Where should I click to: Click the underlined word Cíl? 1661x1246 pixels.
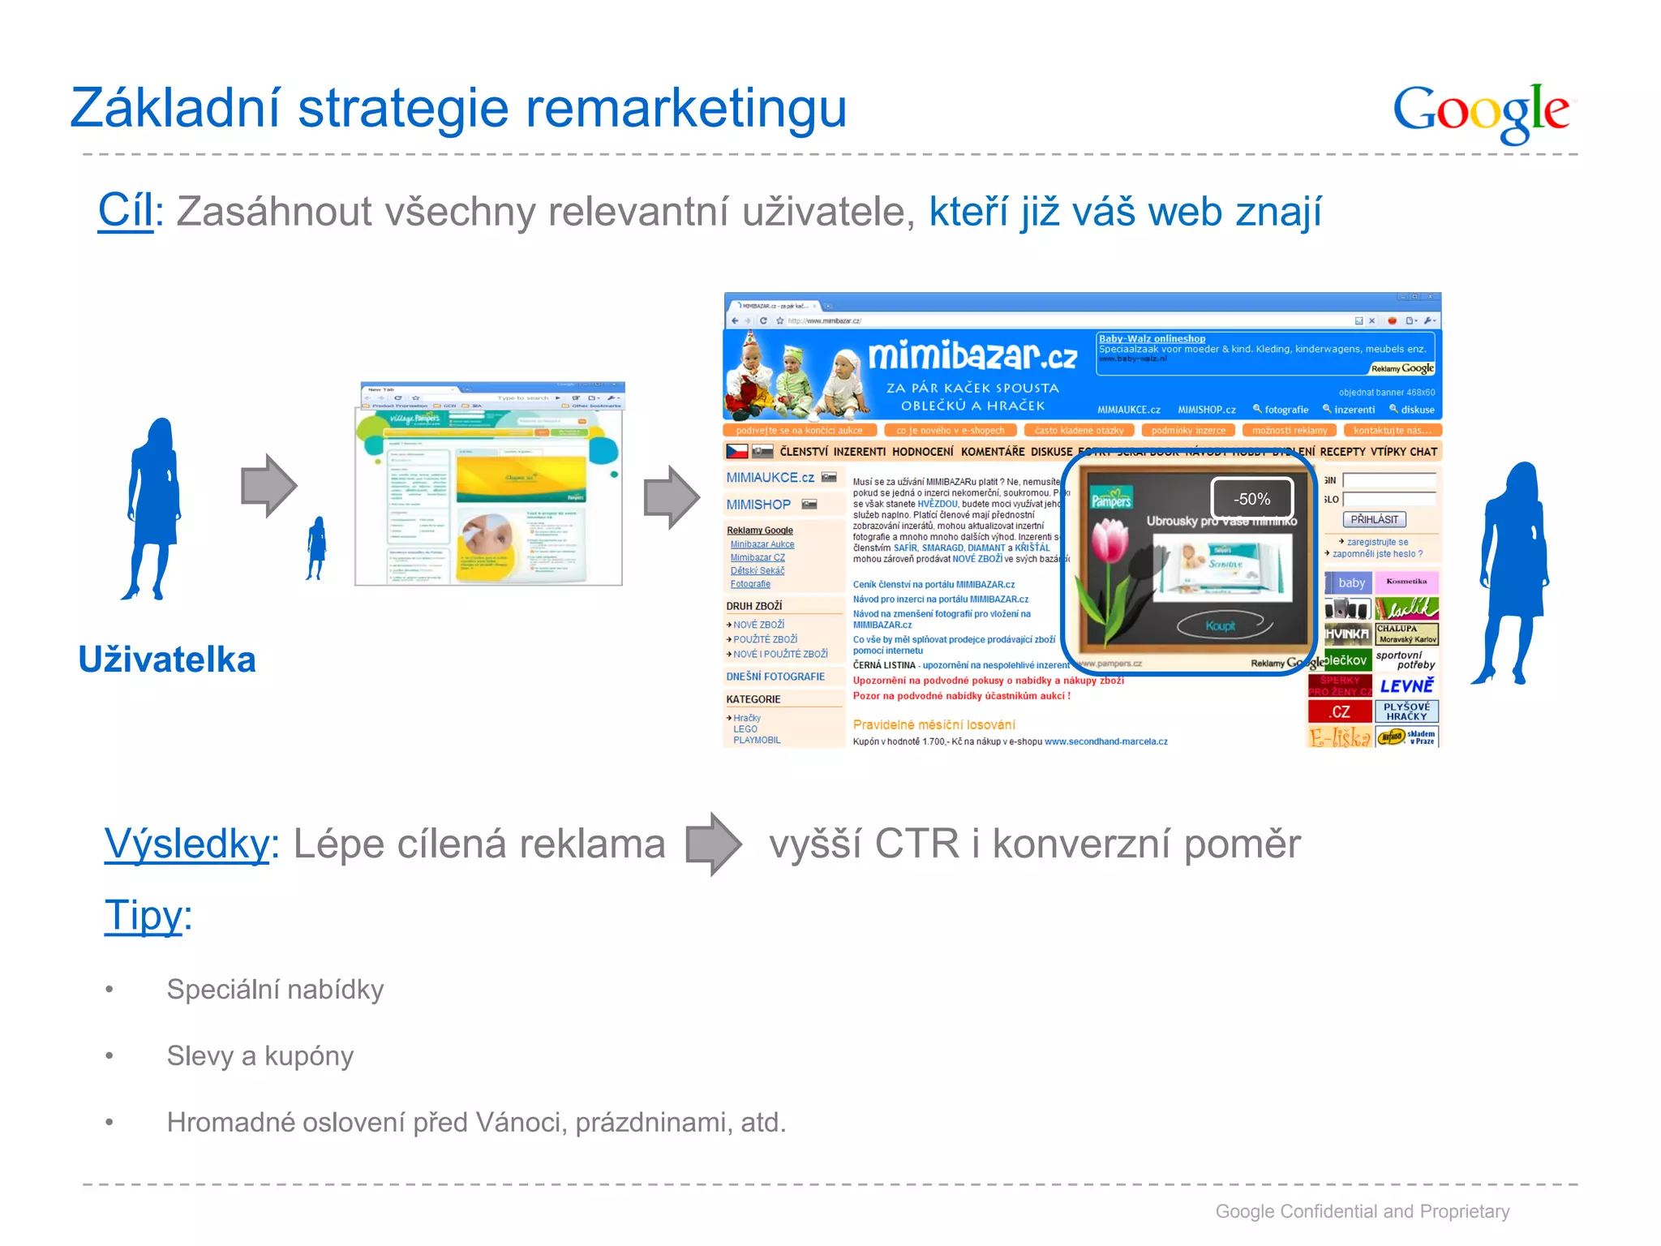pos(126,211)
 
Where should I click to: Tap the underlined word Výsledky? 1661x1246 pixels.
pos(187,844)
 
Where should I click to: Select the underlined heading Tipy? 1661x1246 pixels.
pos(144,916)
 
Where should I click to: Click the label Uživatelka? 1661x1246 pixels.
pos(167,660)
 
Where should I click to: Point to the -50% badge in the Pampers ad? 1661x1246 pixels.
pos(1251,499)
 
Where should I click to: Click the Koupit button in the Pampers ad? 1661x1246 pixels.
pos(1221,625)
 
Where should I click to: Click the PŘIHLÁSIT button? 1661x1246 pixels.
pos(1374,519)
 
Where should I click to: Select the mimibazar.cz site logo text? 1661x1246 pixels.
pos(972,356)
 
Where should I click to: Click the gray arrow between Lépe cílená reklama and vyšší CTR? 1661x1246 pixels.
pos(713,844)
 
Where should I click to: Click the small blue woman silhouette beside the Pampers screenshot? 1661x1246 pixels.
pos(316,548)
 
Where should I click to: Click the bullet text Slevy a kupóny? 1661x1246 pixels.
pos(260,1056)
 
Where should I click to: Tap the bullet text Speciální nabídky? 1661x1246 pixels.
pos(275,990)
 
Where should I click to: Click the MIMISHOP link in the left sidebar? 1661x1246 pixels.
pos(758,505)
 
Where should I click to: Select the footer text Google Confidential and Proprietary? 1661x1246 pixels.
pos(1362,1211)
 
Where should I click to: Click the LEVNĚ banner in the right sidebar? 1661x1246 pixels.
pos(1406,685)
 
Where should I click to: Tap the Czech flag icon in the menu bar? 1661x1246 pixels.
pos(736,451)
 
